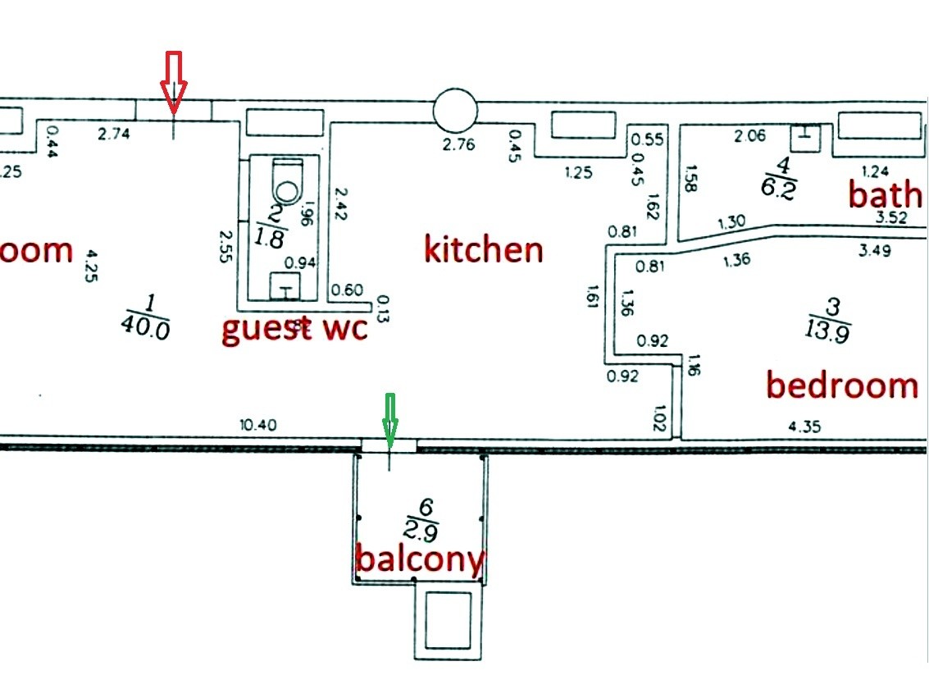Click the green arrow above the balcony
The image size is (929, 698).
coord(389,420)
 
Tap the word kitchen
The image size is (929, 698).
coord(484,249)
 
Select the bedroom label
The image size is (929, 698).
coord(841,385)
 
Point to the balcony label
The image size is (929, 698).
coord(420,560)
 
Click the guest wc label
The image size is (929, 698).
coord(294,330)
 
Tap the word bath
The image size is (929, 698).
coord(885,195)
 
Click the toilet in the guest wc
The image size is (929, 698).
coord(287,181)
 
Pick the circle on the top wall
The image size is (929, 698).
coord(454,110)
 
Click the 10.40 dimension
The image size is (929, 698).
coord(258,425)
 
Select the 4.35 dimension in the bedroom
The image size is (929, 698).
coord(804,427)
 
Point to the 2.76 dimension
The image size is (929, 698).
coord(459,146)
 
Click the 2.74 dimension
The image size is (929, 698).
coord(115,134)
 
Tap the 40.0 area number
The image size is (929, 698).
coord(144,328)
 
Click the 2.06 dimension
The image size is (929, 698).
coord(750,136)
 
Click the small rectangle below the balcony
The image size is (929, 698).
coord(448,618)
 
